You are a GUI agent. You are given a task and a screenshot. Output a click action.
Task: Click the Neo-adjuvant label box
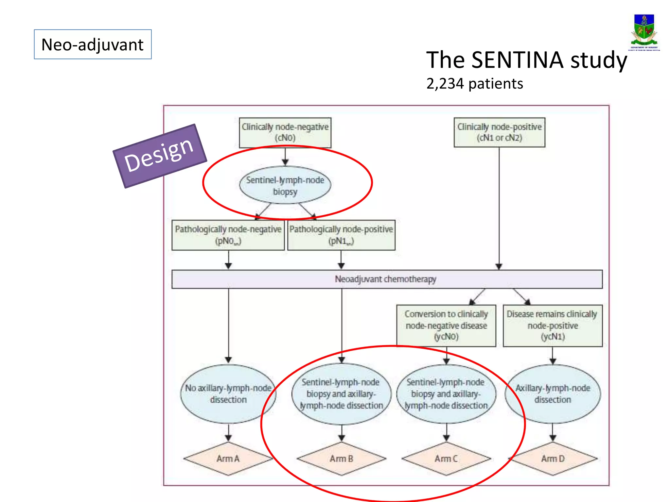(93, 44)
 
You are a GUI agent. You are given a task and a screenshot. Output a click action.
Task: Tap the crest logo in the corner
(644, 32)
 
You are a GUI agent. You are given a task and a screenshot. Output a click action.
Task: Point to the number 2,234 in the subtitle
(445, 84)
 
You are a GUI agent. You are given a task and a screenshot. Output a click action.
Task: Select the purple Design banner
(160, 156)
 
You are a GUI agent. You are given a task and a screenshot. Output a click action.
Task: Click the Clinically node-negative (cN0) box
(285, 132)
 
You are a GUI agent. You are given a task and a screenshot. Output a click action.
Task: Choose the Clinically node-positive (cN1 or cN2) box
(499, 132)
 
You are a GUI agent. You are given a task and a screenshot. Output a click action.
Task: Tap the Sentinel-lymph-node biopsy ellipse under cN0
(285, 185)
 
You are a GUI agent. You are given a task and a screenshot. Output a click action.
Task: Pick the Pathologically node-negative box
(228, 235)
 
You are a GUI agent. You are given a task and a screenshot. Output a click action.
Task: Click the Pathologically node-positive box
(341, 235)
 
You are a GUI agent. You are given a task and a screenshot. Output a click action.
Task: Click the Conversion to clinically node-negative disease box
(446, 325)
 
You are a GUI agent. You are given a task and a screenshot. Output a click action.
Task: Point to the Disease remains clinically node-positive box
(552, 325)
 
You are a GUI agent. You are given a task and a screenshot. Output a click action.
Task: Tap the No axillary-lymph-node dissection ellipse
(228, 394)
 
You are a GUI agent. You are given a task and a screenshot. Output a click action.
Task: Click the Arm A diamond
(228, 459)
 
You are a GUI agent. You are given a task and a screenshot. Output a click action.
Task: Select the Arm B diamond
(341, 459)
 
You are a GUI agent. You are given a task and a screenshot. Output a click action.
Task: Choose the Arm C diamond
(446, 459)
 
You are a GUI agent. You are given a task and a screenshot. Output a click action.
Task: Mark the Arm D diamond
(553, 459)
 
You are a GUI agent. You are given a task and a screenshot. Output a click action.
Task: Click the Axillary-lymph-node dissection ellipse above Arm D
(553, 394)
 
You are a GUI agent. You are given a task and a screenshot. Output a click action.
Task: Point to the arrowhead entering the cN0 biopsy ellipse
(285, 162)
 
